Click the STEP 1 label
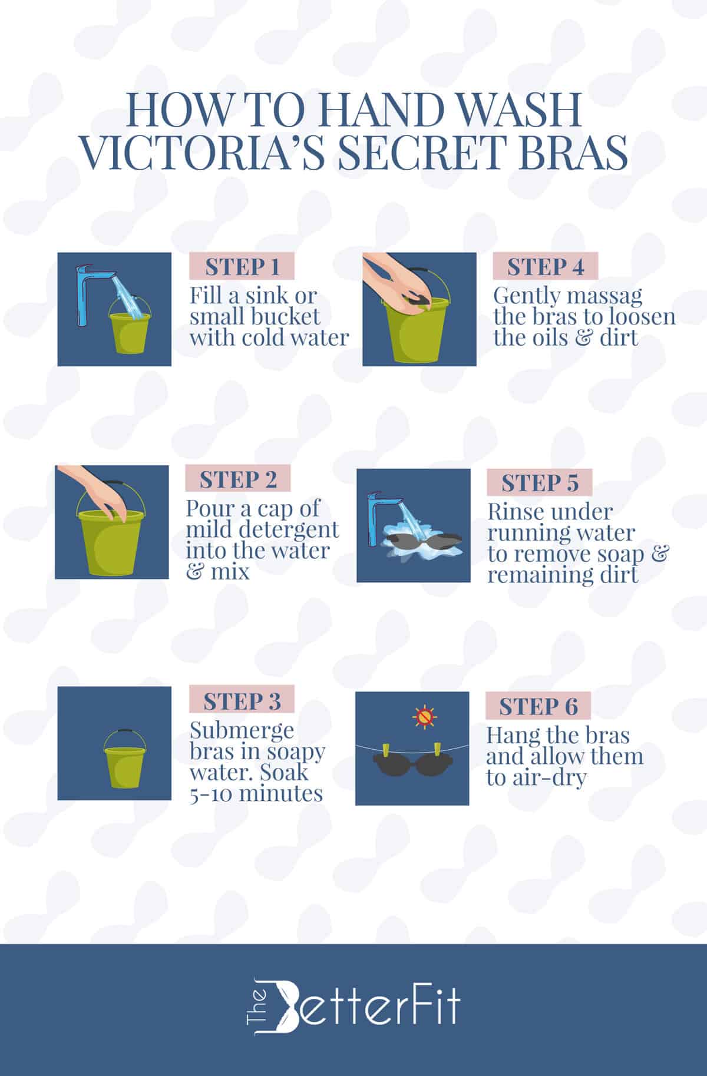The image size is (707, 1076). tap(242, 267)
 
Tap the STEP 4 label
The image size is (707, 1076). tap(545, 267)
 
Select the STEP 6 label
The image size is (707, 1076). tap(538, 706)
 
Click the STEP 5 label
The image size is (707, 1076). tap(539, 483)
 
